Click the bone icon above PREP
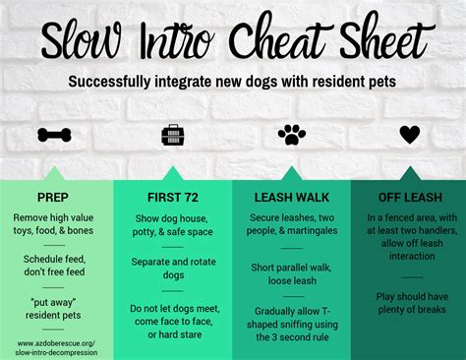pos(57,135)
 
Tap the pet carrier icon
pos(173,135)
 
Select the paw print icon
pos(291,135)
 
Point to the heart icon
pos(409,135)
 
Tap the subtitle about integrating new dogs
pos(233,82)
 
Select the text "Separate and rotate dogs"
pos(173,268)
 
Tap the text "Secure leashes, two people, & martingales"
pos(291,223)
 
